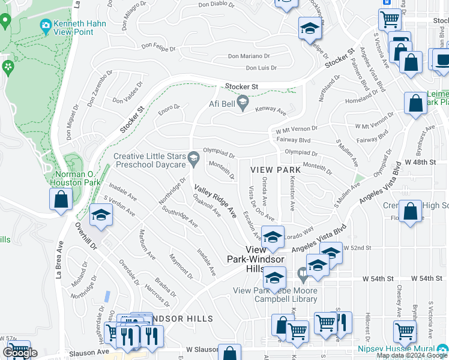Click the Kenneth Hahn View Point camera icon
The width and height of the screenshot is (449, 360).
[x=45, y=25]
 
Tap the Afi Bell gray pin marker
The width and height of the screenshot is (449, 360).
[x=243, y=104]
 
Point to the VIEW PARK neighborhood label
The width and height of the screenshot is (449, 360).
[x=275, y=170]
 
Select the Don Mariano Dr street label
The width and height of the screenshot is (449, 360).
[x=252, y=56]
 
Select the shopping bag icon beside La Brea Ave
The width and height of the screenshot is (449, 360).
[x=61, y=200]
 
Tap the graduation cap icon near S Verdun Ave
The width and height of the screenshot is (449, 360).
[x=101, y=215]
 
